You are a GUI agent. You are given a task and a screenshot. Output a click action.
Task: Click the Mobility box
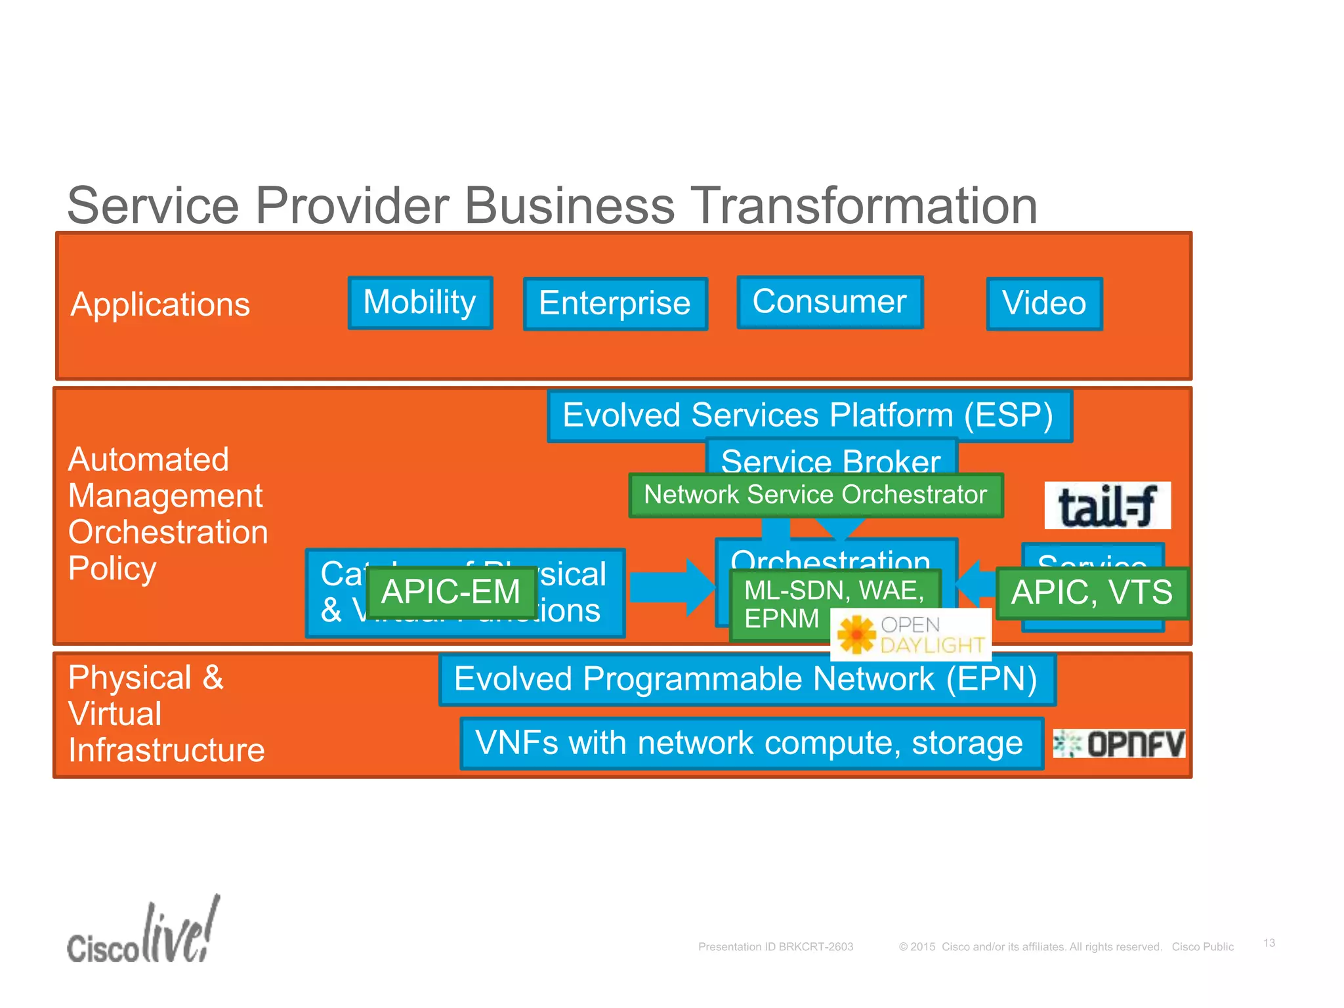(x=420, y=303)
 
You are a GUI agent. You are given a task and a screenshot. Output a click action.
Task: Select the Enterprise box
(x=615, y=304)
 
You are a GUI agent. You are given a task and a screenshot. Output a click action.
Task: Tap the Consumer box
(x=829, y=302)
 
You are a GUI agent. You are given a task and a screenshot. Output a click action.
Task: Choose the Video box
(x=1044, y=304)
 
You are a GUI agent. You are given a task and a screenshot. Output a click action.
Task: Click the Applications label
(x=160, y=304)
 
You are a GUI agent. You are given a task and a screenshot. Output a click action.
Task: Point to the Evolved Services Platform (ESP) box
(x=808, y=415)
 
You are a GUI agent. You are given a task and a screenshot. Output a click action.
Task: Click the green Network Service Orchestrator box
(x=815, y=495)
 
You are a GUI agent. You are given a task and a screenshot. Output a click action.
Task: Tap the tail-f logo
(x=1107, y=505)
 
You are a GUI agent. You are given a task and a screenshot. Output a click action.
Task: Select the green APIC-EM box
(x=451, y=592)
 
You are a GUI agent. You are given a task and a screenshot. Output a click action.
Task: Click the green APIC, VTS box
(x=1091, y=593)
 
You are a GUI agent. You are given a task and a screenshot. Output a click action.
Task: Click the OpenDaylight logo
(x=910, y=635)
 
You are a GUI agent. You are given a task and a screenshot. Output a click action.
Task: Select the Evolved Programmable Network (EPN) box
(x=746, y=679)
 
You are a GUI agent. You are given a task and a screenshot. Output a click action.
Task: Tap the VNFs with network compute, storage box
(x=750, y=744)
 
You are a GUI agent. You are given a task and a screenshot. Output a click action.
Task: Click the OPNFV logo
(x=1119, y=744)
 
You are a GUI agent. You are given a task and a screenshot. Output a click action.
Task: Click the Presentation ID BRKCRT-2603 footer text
(x=775, y=946)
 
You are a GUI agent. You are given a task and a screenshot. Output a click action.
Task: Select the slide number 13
(x=1269, y=942)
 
